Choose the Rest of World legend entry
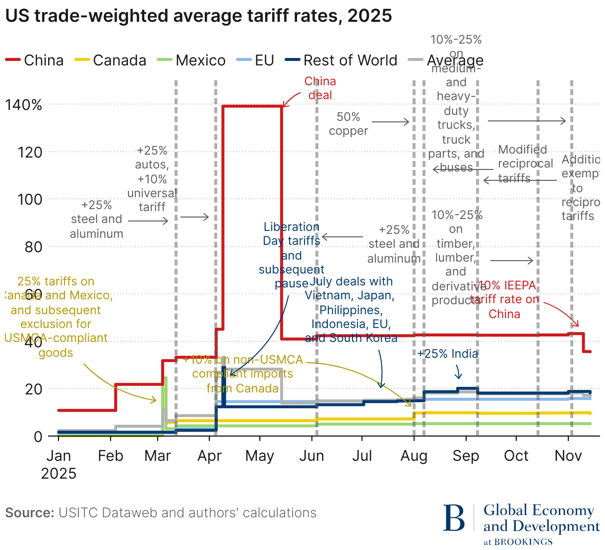(x=342, y=60)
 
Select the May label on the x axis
(x=259, y=456)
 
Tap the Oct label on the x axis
(x=516, y=456)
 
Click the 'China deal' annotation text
(x=320, y=88)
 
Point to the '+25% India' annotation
(x=448, y=354)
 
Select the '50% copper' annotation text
(x=348, y=124)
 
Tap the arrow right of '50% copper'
(x=391, y=122)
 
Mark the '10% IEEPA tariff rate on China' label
(x=505, y=300)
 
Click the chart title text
(x=198, y=16)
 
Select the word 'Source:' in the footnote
(x=30, y=513)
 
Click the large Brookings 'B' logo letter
(x=454, y=518)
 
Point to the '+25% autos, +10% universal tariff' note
(x=152, y=179)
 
